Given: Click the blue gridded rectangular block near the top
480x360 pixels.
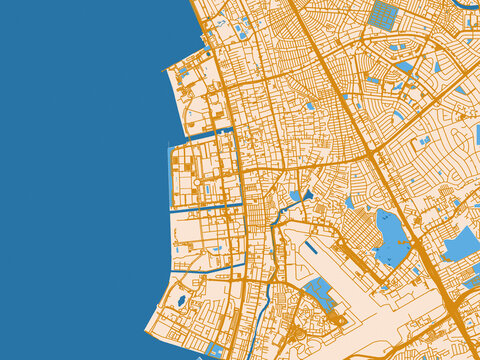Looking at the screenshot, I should (x=383, y=14).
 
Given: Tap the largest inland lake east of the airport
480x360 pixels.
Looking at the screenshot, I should (x=391, y=238).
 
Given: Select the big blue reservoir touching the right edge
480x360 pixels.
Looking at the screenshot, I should (x=460, y=244).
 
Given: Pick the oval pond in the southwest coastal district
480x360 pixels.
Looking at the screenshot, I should (x=181, y=300).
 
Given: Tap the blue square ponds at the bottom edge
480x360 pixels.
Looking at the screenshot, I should (x=217, y=350).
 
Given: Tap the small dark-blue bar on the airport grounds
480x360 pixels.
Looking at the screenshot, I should (x=312, y=246).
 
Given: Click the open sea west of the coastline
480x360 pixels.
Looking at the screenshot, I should (x=80, y=180).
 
